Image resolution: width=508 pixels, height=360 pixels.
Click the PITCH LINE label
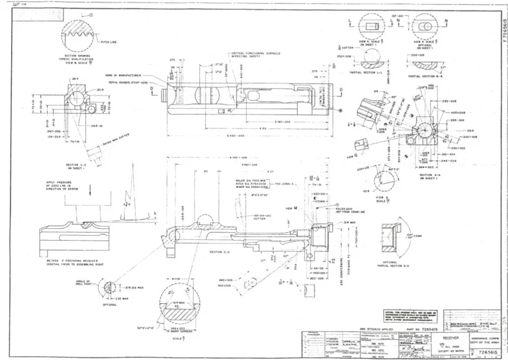click(108, 41)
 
